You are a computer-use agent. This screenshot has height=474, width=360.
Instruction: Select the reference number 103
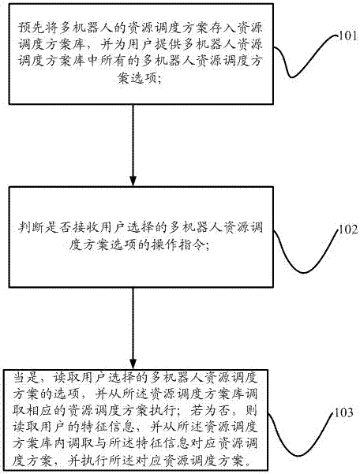tap(343, 412)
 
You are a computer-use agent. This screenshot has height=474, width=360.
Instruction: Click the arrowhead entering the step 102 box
tap(133, 181)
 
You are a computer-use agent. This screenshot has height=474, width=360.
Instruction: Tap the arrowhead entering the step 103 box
tap(133, 364)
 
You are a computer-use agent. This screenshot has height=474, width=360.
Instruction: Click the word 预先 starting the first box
tap(28, 28)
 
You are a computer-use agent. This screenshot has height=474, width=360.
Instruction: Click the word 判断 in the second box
tap(28, 228)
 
